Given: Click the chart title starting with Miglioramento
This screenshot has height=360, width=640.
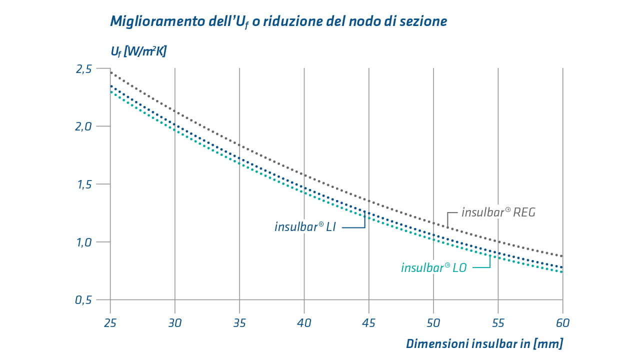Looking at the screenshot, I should pyautogui.click(x=278, y=21).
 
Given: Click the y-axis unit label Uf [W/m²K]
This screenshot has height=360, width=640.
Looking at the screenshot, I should pyautogui.click(x=138, y=51).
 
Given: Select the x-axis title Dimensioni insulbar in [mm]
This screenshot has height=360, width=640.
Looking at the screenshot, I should pyautogui.click(x=484, y=344).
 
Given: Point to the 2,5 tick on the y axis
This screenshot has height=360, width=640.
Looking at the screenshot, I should pyautogui.click(x=83, y=69).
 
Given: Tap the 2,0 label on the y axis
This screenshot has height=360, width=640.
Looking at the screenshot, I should pyautogui.click(x=83, y=126).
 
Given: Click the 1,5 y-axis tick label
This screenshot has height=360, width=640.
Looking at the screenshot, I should pyautogui.click(x=83, y=184).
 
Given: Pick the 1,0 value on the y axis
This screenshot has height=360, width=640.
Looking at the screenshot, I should pyautogui.click(x=83, y=242).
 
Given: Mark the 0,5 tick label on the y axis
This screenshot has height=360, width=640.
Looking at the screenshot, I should pyautogui.click(x=83, y=300).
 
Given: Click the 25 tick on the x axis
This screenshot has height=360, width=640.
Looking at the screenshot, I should pyautogui.click(x=110, y=322).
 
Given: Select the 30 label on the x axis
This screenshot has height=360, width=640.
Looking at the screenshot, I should pyautogui.click(x=175, y=322).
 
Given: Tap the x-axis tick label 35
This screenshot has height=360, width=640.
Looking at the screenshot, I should pyautogui.click(x=239, y=322).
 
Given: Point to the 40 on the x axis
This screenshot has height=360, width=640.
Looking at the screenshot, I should pyautogui.click(x=304, y=322).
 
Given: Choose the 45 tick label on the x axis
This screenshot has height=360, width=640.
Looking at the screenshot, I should pyautogui.click(x=369, y=322).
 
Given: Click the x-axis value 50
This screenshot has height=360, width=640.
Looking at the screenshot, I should pyautogui.click(x=433, y=322).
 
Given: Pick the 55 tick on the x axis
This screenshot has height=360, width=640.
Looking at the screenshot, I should pyautogui.click(x=498, y=322).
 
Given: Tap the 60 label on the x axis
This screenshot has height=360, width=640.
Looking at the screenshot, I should pyautogui.click(x=562, y=322).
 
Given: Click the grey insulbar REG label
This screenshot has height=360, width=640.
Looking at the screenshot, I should pyautogui.click(x=498, y=212).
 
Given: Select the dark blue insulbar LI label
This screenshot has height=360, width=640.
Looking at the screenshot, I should pyautogui.click(x=305, y=227).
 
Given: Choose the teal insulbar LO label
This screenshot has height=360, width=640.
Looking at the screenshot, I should pyautogui.click(x=433, y=268).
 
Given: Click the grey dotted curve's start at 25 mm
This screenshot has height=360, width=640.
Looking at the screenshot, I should pyautogui.click(x=110, y=72).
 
